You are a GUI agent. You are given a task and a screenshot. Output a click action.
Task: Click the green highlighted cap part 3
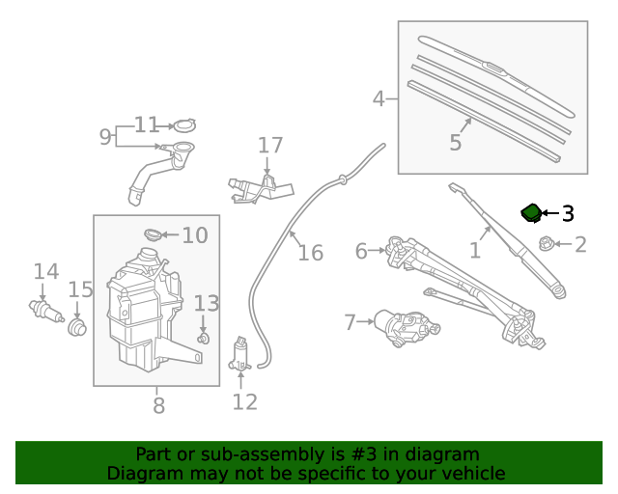[531, 212]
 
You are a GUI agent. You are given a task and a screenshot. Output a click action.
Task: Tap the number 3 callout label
[568, 213]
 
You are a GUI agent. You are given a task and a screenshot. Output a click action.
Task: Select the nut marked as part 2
[546, 244]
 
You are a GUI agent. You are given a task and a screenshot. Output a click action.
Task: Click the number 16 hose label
[309, 253]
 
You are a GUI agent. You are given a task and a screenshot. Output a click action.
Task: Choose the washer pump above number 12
[240, 356]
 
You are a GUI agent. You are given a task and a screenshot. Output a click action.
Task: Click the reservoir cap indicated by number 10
[153, 234]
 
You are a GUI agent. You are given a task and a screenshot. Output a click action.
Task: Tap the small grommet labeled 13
[203, 338]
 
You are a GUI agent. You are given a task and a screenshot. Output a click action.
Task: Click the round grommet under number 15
[78, 325]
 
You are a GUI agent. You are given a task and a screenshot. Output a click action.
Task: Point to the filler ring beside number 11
[183, 125]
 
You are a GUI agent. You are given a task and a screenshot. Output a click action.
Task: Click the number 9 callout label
[105, 136]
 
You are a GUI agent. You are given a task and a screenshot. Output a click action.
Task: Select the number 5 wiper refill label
[455, 143]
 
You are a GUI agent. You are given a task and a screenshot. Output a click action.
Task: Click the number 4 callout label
[379, 97]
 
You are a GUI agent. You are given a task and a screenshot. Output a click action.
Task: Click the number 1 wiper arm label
[474, 251]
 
